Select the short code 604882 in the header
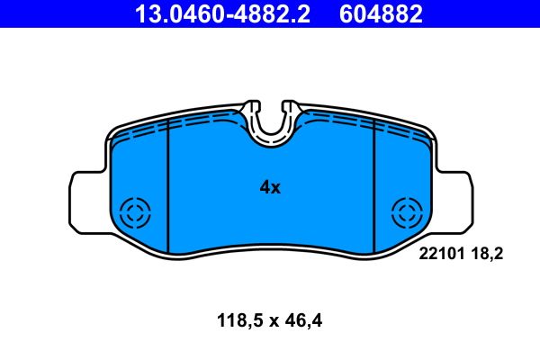point(382,13)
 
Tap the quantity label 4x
point(270,187)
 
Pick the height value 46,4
point(305,319)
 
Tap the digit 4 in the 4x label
point(265,187)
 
